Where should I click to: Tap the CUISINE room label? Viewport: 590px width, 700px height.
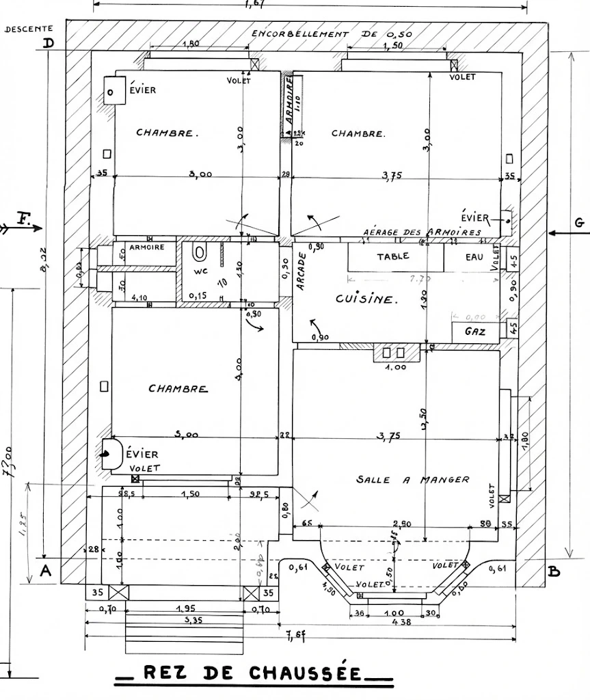click(365, 299)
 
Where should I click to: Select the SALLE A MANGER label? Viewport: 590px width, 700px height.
click(413, 480)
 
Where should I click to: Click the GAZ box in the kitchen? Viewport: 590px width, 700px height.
click(475, 332)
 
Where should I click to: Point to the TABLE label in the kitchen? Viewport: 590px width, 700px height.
click(393, 256)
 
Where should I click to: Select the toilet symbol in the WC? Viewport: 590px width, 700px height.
click(200, 253)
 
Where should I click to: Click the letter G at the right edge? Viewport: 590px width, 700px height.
click(580, 222)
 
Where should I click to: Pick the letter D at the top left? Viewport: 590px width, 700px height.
click(49, 44)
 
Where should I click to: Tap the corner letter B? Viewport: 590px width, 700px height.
click(554, 571)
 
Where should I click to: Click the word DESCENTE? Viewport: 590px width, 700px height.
click(28, 29)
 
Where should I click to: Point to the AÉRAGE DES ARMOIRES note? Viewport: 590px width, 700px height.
click(422, 232)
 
